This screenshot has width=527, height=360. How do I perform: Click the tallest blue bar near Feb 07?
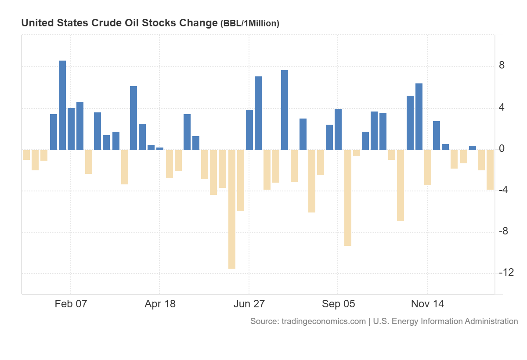(x=62, y=105)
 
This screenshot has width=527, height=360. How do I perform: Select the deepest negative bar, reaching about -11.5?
(x=231, y=209)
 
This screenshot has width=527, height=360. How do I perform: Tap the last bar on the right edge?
(x=490, y=169)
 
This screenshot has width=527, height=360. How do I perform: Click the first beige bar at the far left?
(x=26, y=155)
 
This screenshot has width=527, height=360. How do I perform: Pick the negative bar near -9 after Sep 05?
(x=348, y=198)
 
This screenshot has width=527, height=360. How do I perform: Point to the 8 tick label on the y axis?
(x=502, y=66)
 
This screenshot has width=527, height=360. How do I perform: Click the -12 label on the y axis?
(x=506, y=273)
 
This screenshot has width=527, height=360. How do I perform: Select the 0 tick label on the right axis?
(x=502, y=149)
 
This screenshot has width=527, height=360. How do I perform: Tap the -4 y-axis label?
(x=504, y=190)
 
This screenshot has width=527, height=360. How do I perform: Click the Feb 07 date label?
(x=71, y=304)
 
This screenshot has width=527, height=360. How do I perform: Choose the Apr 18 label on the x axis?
(x=160, y=304)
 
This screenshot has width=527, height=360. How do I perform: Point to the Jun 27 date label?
(x=249, y=304)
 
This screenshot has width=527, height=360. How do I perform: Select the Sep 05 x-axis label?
(x=338, y=304)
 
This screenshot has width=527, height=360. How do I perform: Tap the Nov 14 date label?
(x=427, y=304)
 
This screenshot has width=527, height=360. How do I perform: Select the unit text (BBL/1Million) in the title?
(x=249, y=24)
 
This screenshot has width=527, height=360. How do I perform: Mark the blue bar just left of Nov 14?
(x=419, y=117)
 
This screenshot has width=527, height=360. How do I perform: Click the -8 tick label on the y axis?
(x=504, y=231)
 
